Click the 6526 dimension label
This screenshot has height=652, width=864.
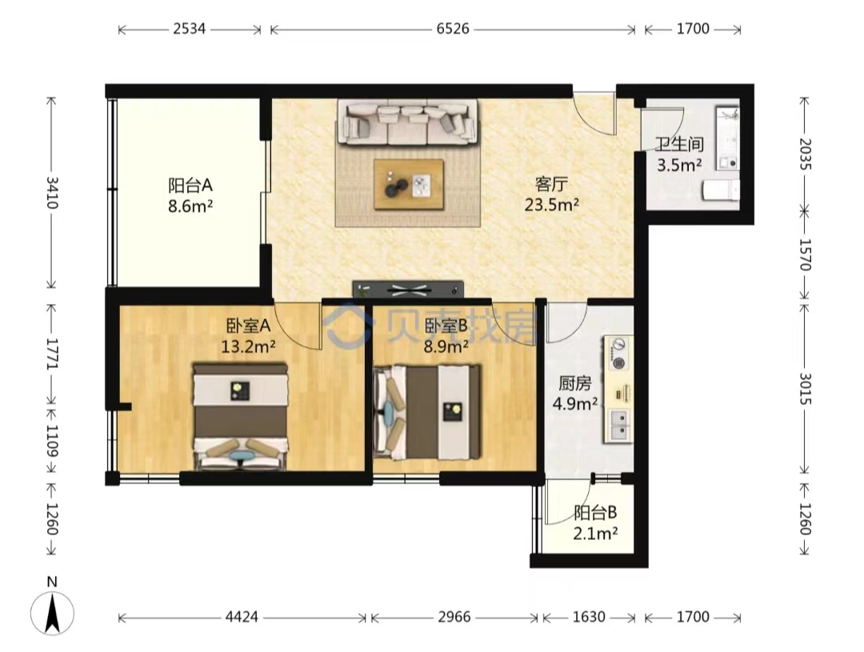click(453, 29)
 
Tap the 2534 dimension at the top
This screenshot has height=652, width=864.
click(190, 29)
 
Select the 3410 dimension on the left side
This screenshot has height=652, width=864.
click(52, 192)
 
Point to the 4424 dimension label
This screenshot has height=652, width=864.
click(242, 617)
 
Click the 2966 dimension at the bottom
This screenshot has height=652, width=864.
click(454, 617)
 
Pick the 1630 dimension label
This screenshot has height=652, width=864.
click(589, 617)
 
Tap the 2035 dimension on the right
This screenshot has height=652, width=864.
click(805, 154)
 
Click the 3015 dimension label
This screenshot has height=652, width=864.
click(805, 388)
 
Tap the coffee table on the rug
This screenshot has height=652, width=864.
click(408, 185)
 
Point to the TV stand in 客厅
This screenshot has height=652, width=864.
click(408, 289)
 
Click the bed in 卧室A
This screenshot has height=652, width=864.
click(240, 416)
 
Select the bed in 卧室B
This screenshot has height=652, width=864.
click(427, 412)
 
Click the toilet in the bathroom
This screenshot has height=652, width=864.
click(720, 190)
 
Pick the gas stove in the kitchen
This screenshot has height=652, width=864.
click(619, 354)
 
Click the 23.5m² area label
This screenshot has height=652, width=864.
click(551, 205)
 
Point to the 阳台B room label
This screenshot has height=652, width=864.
click(595, 513)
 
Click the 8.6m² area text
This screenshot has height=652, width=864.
click(190, 206)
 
